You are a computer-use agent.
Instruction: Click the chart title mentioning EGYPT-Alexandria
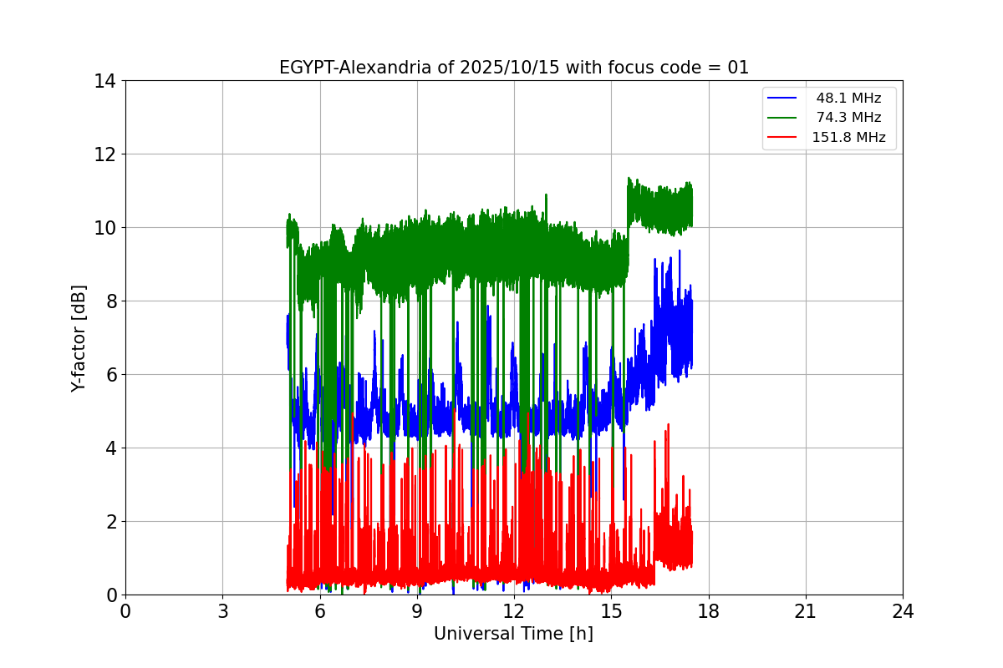click(x=513, y=68)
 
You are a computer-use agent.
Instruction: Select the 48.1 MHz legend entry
click(x=848, y=99)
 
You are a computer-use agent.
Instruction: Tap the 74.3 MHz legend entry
click(x=848, y=118)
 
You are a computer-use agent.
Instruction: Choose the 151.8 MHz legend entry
click(x=848, y=138)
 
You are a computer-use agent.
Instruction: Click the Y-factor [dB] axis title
click(x=79, y=337)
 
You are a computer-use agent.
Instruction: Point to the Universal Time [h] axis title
click(x=513, y=634)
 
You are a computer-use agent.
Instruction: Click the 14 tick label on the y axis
click(x=104, y=81)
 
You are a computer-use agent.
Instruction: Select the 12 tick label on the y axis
click(x=104, y=154)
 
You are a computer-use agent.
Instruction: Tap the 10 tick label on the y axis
click(x=104, y=228)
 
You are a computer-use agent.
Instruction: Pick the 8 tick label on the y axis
click(x=109, y=301)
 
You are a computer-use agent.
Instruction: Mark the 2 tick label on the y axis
click(x=109, y=522)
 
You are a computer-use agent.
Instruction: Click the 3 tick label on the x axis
click(x=222, y=611)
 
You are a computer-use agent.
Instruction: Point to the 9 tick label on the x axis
click(x=417, y=611)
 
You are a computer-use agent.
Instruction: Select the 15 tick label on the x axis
click(x=611, y=611)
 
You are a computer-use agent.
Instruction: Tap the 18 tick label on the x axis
click(x=709, y=611)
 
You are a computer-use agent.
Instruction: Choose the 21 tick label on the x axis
click(x=806, y=611)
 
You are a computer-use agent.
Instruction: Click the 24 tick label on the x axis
click(x=903, y=611)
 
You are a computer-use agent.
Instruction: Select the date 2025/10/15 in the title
click(x=511, y=68)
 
